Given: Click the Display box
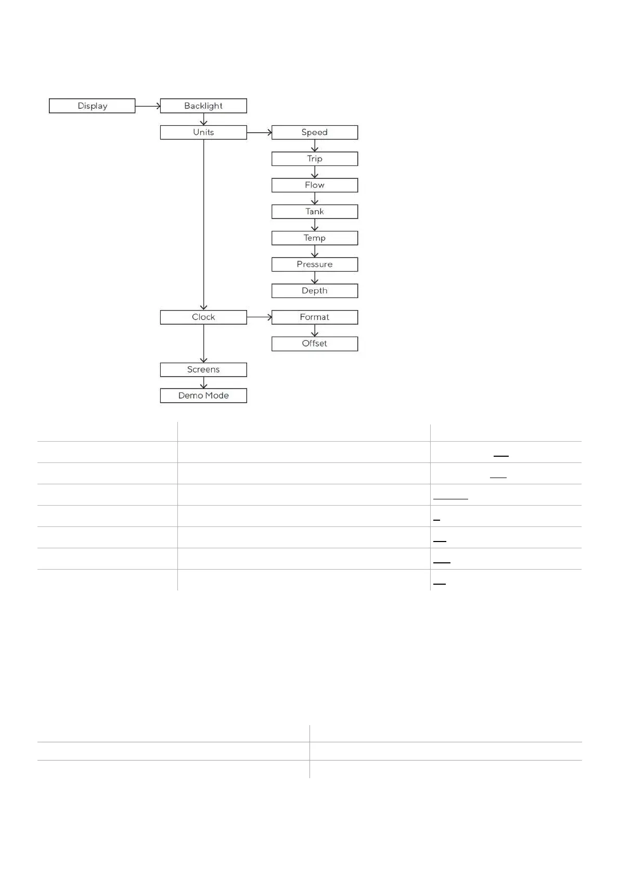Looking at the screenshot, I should click(92, 106).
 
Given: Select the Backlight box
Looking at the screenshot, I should click(203, 106).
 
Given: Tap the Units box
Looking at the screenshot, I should click(203, 132).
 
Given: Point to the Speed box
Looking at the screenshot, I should click(315, 132).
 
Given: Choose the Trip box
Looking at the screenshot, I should click(315, 159).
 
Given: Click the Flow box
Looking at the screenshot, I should click(315, 185).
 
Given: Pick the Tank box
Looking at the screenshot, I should click(315, 212).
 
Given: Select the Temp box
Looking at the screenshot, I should click(315, 238).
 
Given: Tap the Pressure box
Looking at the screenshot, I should click(315, 264).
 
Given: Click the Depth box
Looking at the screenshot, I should click(315, 291).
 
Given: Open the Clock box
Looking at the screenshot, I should click(203, 317).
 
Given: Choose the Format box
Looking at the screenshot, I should click(315, 317).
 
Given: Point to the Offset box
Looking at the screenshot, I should click(315, 344).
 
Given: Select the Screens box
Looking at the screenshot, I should click(203, 370).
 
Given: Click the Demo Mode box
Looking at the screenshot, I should click(203, 396).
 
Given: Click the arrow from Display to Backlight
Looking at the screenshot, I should click(148, 106).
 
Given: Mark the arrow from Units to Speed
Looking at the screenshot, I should click(259, 133).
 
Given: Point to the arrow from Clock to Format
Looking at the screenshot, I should click(259, 317).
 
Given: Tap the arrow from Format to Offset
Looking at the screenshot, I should click(315, 331).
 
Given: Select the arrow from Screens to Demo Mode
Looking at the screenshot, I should click(203, 383).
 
